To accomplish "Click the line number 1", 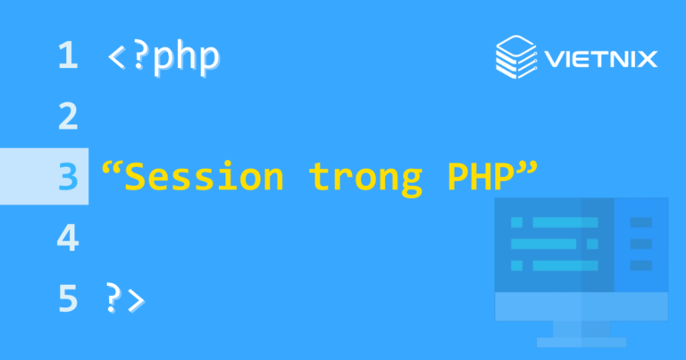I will tap(67, 57).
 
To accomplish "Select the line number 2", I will tap(67, 117).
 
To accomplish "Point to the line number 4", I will tap(67, 238).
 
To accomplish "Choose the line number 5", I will tap(67, 298).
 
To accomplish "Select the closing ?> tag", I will tap(124, 299).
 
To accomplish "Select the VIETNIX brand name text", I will tap(599, 60).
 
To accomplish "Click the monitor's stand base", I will tap(581, 340).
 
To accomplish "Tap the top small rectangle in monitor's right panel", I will tap(640, 222).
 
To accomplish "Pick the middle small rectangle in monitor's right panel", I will tap(640, 243).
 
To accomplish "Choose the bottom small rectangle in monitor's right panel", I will tap(640, 265).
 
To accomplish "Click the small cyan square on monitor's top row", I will tap(516, 222).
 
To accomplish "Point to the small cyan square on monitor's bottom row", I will tap(516, 265).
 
